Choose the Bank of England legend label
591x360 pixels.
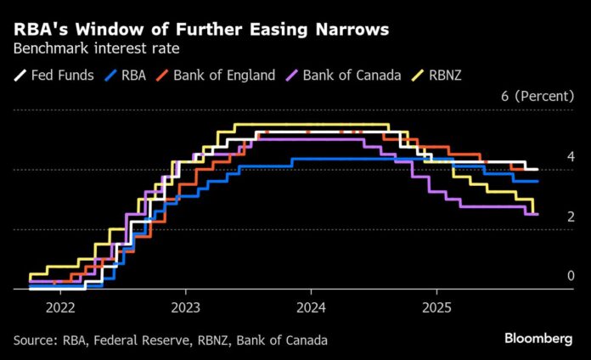[x=224, y=75]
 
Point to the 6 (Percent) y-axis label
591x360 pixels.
[x=538, y=96]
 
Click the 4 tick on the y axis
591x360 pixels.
[x=571, y=156]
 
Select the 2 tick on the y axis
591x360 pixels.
[x=571, y=217]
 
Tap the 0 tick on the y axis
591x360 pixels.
[x=571, y=276]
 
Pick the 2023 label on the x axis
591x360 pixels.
[x=186, y=307]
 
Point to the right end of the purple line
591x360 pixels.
[x=538, y=214]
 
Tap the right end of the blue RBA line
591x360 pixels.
[x=538, y=181]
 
